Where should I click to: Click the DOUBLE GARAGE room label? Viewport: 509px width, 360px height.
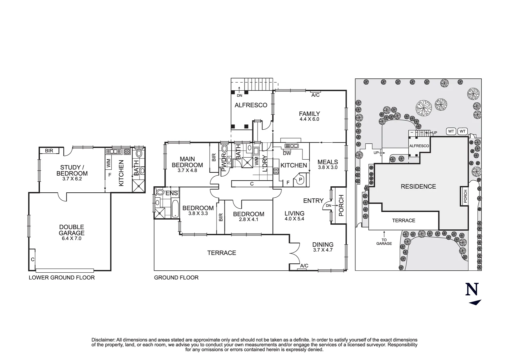click(72, 230)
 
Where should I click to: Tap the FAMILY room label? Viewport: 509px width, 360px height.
click(309, 114)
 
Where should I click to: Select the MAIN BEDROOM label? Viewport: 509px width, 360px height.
click(187, 162)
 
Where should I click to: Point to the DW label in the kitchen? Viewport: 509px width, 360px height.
click(287, 153)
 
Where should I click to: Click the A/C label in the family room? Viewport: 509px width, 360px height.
click(315, 95)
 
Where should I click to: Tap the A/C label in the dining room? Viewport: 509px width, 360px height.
click(304, 266)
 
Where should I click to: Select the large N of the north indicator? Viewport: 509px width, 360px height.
click(472, 289)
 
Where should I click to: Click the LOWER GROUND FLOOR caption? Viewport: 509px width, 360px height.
click(62, 278)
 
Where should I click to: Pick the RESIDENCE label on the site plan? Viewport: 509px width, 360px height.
click(418, 187)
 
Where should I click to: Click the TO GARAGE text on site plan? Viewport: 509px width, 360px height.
click(384, 242)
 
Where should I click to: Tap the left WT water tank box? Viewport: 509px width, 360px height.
click(451, 131)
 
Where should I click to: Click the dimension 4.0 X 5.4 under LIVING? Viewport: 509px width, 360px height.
click(294, 219)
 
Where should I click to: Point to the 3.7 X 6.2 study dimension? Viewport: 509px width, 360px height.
click(72, 179)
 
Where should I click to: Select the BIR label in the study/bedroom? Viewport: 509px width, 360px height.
click(49, 151)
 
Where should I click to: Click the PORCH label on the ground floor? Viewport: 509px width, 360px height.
click(341, 206)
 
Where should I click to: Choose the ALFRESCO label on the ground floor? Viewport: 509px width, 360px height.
click(251, 105)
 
